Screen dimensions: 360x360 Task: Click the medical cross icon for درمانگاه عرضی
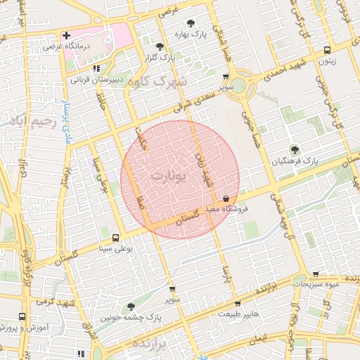[x=67, y=35]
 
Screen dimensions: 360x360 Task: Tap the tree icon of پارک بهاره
[x=193, y=23]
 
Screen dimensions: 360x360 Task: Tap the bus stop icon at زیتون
[x=327, y=51]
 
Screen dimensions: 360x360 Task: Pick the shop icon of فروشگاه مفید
[x=225, y=199]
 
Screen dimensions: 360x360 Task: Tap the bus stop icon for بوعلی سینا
[x=114, y=238]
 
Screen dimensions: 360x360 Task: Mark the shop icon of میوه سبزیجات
[x=316, y=274]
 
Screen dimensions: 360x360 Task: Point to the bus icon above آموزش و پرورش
[x=22, y=317]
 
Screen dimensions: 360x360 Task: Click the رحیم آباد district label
[x=28, y=122]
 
